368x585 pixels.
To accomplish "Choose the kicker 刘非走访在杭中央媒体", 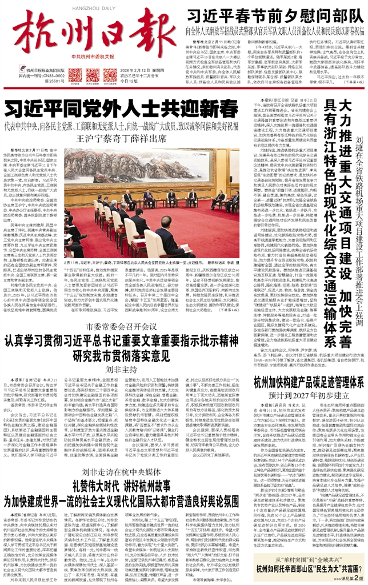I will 121,455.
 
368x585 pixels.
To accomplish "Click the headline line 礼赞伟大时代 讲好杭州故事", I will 121,470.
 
